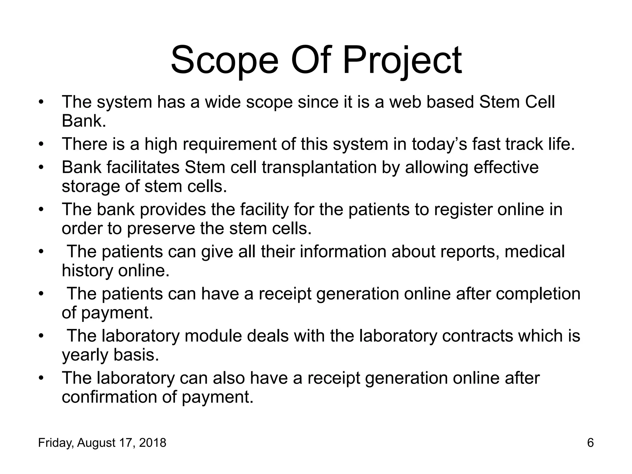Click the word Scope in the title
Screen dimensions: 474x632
click(x=224, y=60)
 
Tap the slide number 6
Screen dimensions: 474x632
click(x=590, y=443)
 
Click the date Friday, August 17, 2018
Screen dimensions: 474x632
click(x=102, y=443)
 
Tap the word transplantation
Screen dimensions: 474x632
click(x=319, y=168)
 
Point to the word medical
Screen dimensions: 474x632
click(x=534, y=252)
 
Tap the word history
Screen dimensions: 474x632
click(x=87, y=271)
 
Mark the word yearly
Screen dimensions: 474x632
click(x=85, y=355)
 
